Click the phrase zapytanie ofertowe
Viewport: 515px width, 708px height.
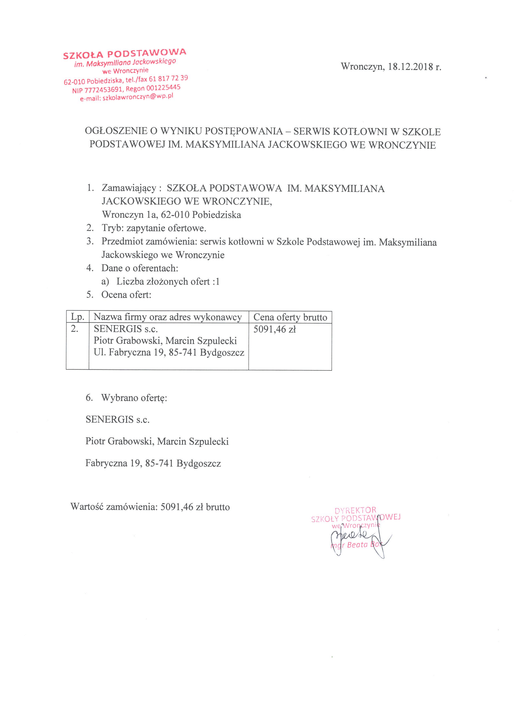tap(166, 228)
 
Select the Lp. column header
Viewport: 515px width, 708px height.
tap(78, 317)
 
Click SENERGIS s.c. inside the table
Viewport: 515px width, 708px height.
tap(126, 329)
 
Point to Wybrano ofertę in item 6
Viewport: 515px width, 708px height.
tap(134, 398)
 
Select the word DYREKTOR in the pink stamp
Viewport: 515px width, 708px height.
tap(355, 510)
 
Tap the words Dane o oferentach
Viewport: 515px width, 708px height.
tap(140, 268)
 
